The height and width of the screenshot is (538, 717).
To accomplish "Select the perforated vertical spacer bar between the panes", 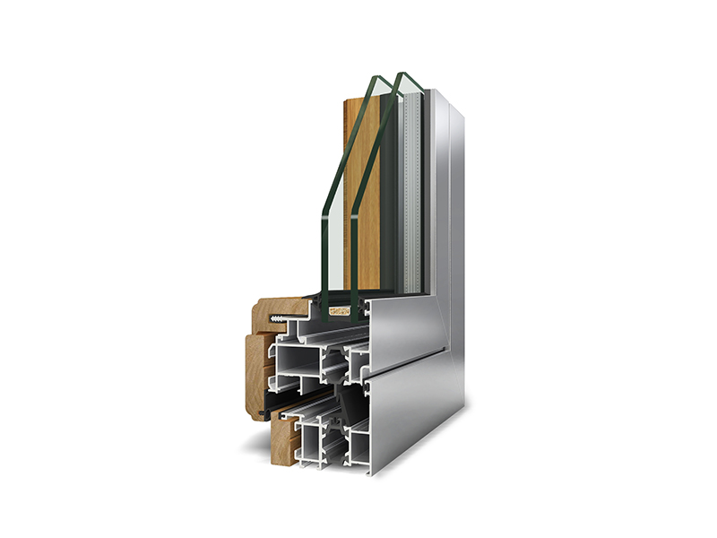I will coord(411,188).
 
